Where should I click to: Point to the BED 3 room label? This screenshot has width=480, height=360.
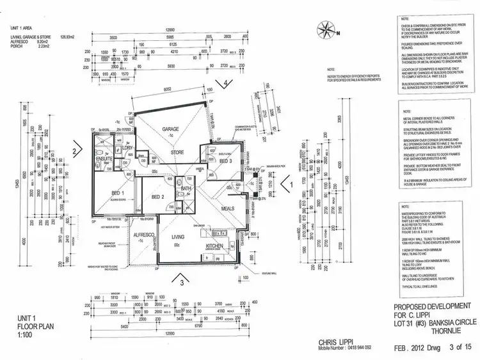(x=225, y=162)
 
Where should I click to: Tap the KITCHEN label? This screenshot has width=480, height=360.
(x=214, y=246)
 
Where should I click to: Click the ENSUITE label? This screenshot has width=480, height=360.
(x=105, y=157)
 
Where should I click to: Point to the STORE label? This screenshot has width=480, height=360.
(x=177, y=153)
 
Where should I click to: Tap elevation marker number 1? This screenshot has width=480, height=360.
(x=292, y=184)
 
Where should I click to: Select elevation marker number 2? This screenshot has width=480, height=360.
(x=75, y=152)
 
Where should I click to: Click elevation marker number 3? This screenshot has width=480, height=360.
(x=182, y=281)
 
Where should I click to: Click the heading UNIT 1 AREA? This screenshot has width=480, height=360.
(x=24, y=27)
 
